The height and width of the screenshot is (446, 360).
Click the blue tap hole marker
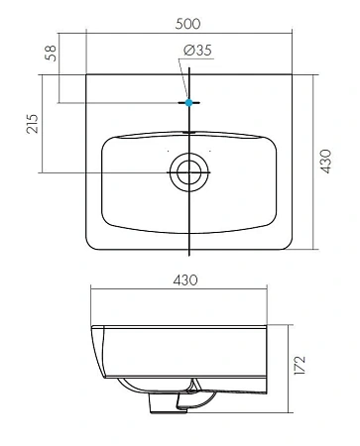pos(187,102)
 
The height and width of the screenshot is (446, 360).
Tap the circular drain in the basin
pos(187,172)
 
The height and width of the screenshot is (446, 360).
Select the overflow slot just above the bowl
pos(187,130)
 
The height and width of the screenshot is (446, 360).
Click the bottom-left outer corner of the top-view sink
pos(90,244)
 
